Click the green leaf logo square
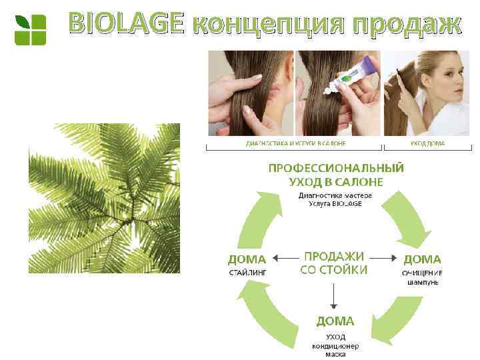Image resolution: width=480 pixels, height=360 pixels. [x=30, y=29]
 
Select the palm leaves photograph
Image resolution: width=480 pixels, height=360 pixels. [x=104, y=198]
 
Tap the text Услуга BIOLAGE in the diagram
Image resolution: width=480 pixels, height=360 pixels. [x=335, y=203]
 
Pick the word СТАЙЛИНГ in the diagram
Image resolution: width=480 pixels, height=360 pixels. [x=247, y=272]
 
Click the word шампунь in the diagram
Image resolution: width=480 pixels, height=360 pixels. [x=423, y=282]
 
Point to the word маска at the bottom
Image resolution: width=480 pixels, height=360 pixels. [x=335, y=355]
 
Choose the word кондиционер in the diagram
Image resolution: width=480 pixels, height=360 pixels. [x=335, y=346]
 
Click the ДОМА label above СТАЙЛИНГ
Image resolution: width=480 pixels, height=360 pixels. [x=247, y=259]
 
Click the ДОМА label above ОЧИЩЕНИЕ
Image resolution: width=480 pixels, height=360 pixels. [x=422, y=259]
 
